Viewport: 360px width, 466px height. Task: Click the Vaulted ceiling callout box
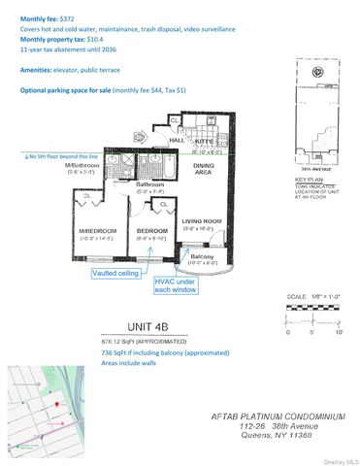114,275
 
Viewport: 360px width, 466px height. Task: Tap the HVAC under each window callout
176,284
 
